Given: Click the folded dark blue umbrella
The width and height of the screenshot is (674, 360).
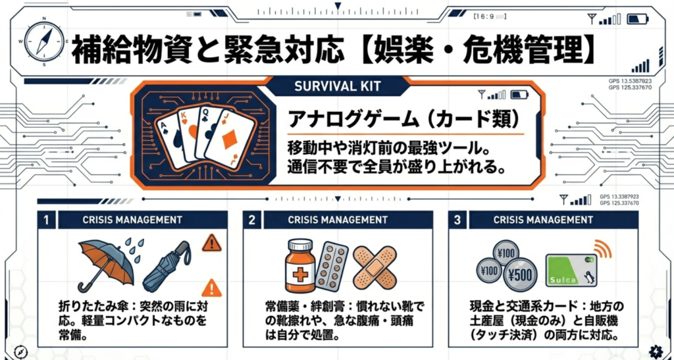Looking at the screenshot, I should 166,266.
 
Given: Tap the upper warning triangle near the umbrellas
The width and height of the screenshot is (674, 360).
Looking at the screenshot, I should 211,244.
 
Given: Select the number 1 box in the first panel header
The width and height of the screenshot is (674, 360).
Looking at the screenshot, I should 46,220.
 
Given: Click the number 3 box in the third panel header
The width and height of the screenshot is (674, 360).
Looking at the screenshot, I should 457,220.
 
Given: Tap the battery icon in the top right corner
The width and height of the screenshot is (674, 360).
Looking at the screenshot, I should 637,18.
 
